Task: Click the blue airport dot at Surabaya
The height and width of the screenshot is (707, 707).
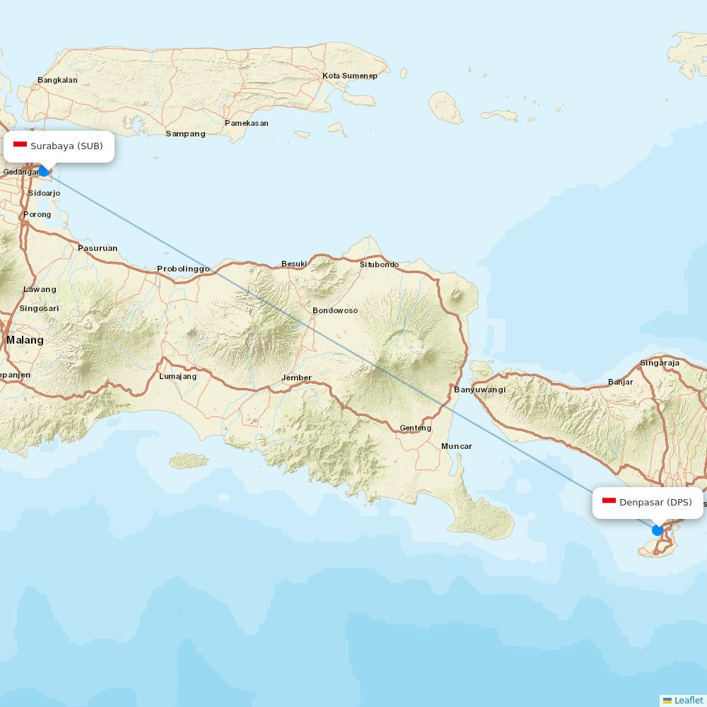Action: coord(44,171)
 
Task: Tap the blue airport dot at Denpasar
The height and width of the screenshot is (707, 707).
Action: coord(658,530)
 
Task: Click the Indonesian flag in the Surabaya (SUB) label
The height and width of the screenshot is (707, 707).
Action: coord(20,146)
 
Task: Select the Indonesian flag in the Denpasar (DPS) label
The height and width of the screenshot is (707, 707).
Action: coord(609,501)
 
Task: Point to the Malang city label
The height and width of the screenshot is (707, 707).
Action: coord(25,340)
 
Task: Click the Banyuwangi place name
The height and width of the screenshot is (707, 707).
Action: coord(479,390)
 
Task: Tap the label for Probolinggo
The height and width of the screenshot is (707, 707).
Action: coord(183,269)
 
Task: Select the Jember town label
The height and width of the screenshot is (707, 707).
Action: coord(296,378)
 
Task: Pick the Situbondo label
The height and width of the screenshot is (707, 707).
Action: coord(379,264)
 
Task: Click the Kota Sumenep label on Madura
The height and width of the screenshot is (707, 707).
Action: coord(350,76)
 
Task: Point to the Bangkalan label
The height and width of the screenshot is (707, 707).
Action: coord(57,80)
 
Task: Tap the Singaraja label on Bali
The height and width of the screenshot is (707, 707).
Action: coord(659,363)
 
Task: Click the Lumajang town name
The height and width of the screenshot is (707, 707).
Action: coord(177,376)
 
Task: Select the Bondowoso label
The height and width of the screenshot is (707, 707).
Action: coord(335,310)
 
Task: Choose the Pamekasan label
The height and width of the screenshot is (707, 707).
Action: coord(246,123)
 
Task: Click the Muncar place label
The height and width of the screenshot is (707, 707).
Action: coord(456,446)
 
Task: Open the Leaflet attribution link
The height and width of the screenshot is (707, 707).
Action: coord(688,700)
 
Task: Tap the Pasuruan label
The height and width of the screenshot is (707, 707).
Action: coord(98,248)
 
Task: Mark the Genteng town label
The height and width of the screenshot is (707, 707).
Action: coord(415,428)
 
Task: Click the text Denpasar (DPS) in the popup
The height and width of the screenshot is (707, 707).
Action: coord(655,503)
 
